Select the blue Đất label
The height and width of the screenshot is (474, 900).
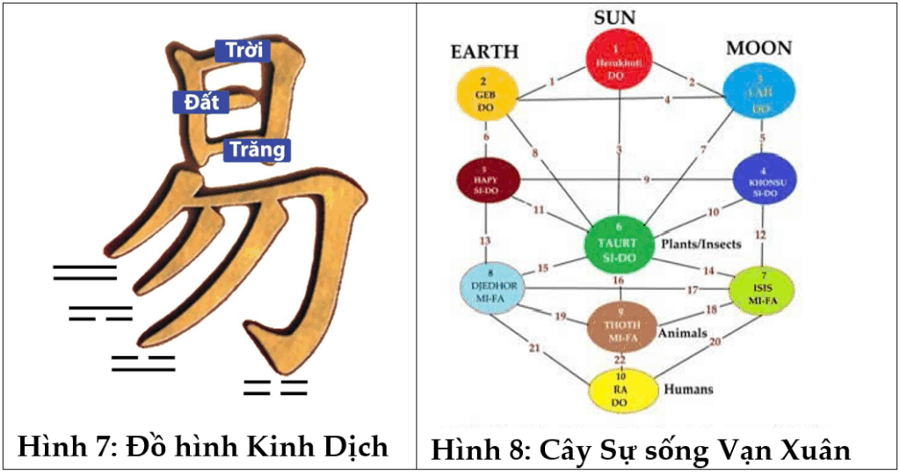[x=201, y=103]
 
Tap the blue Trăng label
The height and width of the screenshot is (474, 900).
[x=257, y=149]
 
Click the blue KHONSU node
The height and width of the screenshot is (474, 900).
[x=764, y=179]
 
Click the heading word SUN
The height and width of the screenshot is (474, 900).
[x=621, y=16]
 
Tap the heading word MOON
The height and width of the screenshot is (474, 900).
[x=758, y=47]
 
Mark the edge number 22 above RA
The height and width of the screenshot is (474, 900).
[x=621, y=360]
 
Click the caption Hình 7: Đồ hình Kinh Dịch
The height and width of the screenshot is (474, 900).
[x=203, y=446]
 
